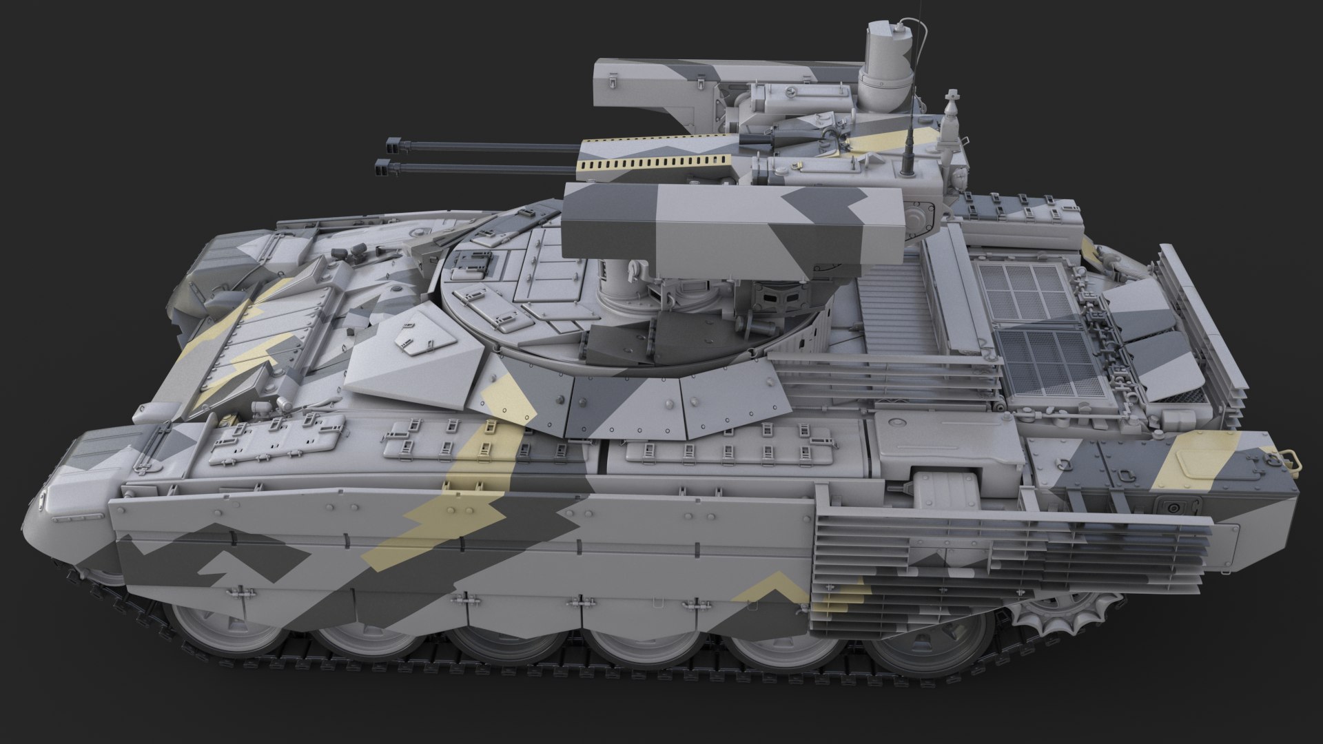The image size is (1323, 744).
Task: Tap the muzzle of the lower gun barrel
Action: [x=382, y=165]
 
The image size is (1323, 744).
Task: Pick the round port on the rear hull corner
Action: [x=1172, y=507]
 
